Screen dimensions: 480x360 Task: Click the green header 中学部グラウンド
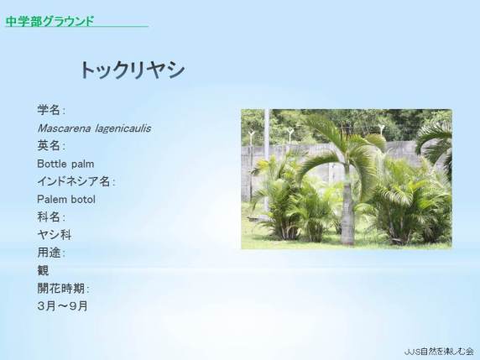[50, 22]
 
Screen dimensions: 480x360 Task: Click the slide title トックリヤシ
[133, 70]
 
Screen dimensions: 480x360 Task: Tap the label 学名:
[51, 110]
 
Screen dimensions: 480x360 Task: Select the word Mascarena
[64, 128]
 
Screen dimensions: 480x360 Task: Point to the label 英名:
[51, 146]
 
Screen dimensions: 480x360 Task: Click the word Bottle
[50, 164]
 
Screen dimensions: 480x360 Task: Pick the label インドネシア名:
[76, 181]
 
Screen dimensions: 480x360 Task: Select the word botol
[83, 199]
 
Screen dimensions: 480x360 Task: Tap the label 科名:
[51, 217]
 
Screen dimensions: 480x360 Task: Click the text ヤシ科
[55, 235]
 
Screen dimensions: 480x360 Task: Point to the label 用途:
[51, 253]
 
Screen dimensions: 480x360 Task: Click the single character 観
[43, 270]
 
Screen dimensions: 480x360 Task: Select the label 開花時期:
[63, 289]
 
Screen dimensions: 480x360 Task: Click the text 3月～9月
[62, 306]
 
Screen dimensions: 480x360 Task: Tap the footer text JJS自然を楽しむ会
[439, 352]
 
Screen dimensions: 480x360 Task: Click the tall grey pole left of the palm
[267, 159]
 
